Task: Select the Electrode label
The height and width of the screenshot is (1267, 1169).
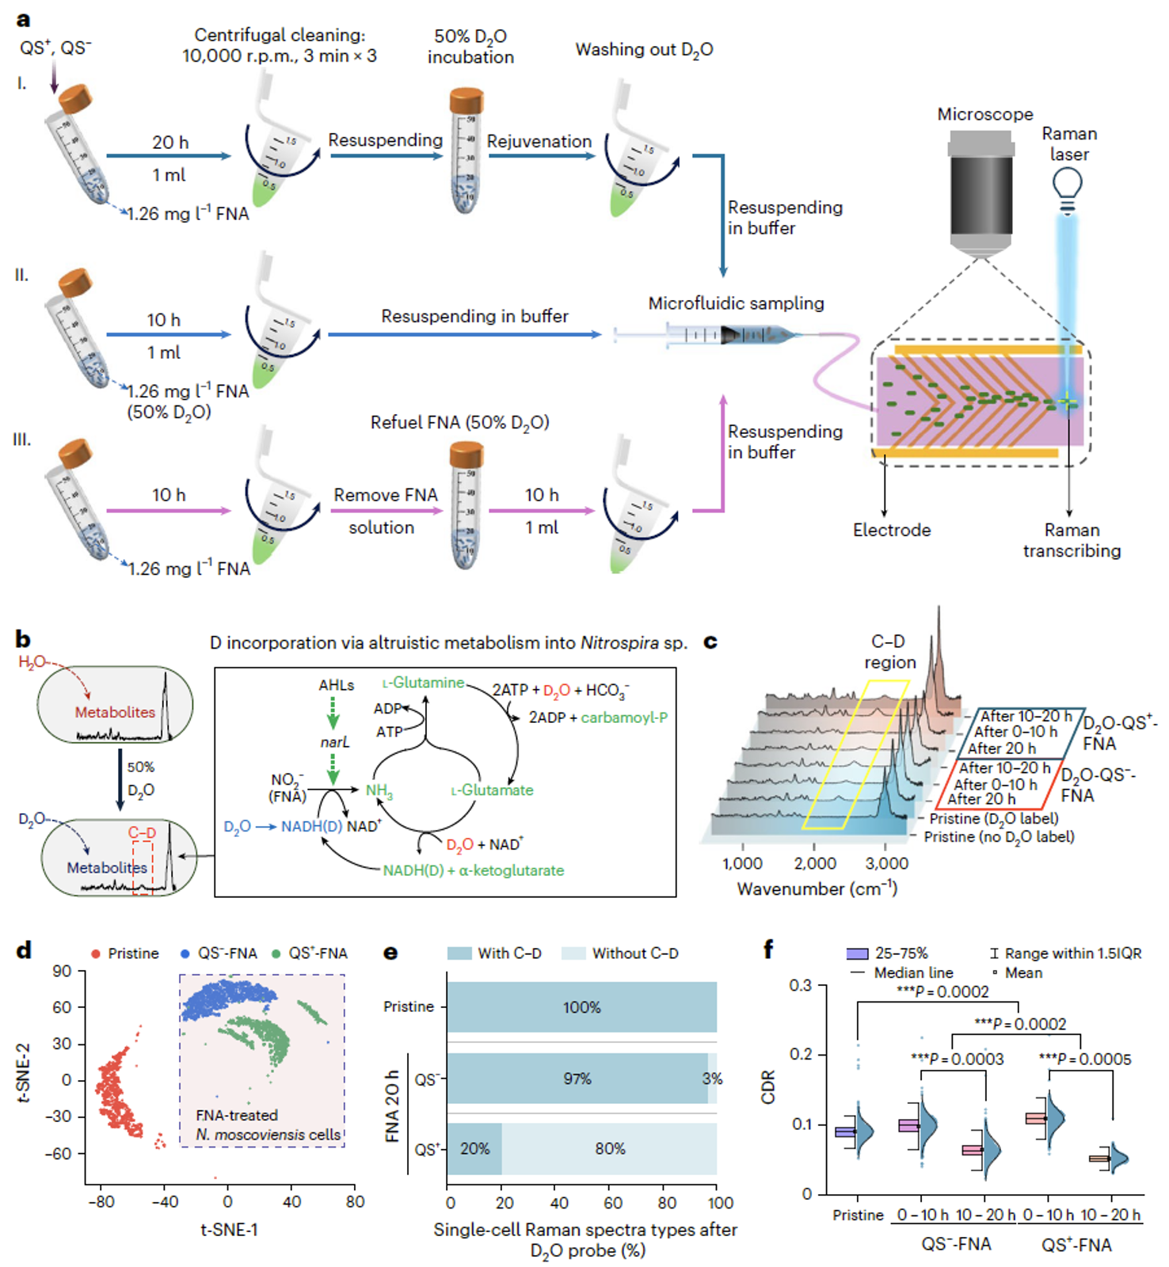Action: coord(892,530)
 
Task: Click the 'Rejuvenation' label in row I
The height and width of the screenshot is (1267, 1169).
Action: coord(539,141)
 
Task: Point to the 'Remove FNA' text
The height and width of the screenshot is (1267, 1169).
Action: coord(386,495)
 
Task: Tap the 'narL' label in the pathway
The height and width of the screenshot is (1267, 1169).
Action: coord(334,742)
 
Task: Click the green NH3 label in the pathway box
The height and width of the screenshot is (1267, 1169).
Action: coord(379,790)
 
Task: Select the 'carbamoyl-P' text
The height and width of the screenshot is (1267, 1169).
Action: coord(624,717)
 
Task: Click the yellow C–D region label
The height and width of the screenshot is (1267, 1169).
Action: coord(889,652)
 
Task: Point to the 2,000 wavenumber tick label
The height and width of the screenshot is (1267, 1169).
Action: coord(815,863)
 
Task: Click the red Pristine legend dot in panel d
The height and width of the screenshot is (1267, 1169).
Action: coord(96,953)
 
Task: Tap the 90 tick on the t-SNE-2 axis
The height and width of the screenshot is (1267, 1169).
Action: coord(63,972)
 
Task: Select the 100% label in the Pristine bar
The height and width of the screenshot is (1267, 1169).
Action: coord(582,1007)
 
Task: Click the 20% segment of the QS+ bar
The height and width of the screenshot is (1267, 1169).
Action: coord(474,1149)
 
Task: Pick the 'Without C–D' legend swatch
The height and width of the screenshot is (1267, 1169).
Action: coord(573,953)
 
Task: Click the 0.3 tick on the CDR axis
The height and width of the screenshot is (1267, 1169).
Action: coord(801,986)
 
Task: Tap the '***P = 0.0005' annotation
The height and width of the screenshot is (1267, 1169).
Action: coord(1085,1059)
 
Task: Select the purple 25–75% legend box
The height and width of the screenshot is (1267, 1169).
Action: coord(858,953)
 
